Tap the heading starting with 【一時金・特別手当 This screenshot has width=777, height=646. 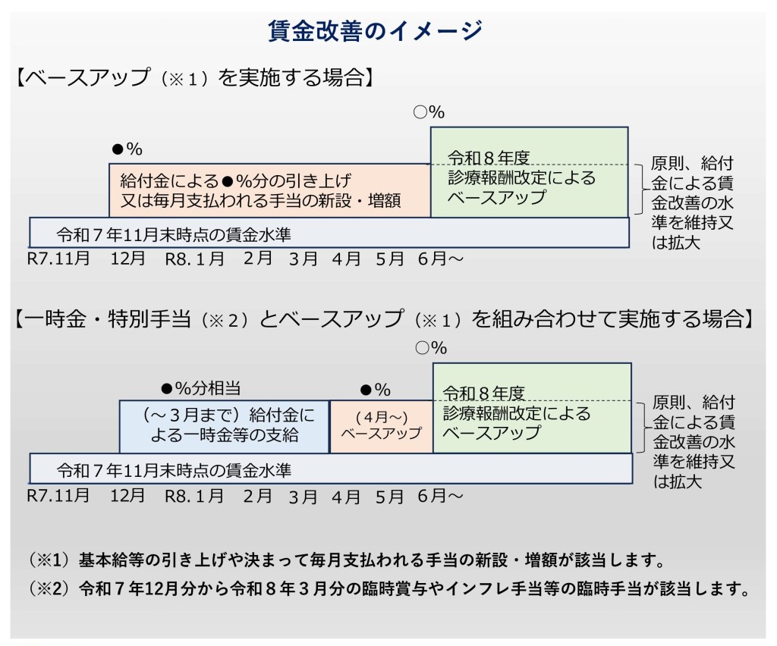383,318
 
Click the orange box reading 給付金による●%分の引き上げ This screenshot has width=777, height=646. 269,190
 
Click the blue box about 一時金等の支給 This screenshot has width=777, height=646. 224,425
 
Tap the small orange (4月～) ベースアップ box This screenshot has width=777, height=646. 381,426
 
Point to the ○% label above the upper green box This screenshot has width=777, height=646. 429,112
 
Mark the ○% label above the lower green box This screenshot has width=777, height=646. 432,348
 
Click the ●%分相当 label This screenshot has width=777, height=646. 200,389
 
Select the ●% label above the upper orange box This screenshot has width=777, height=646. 127,149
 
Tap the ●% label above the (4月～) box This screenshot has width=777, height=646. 375,390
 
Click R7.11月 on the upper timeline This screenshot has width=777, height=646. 58,259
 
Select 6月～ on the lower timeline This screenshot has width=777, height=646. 439,496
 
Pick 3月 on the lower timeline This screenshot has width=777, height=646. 303,497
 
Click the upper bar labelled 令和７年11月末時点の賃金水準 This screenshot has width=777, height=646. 329,233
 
